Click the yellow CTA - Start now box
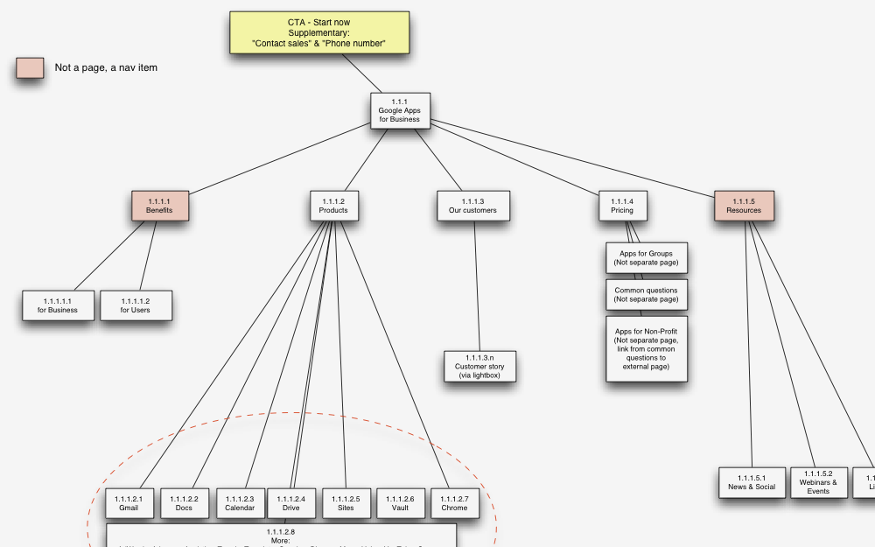[x=318, y=32]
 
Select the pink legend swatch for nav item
[x=30, y=67]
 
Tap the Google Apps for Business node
[x=399, y=110]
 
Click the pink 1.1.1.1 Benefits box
[x=159, y=206]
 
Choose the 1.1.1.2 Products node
[x=333, y=206]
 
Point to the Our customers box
[x=472, y=206]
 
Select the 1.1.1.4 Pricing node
[x=622, y=206]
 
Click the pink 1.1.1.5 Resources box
[x=744, y=206]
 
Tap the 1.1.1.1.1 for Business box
[x=58, y=305]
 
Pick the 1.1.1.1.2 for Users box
[x=135, y=305]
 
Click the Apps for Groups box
[x=646, y=258]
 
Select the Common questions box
[x=646, y=295]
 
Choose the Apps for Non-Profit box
[x=646, y=348]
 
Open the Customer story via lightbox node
[x=479, y=366]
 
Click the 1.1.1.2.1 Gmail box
[x=129, y=503]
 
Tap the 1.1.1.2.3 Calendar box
[x=240, y=503]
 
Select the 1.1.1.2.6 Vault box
[x=400, y=503]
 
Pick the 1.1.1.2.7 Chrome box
[x=454, y=503]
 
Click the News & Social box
[x=752, y=482]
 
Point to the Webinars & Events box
[x=818, y=482]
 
